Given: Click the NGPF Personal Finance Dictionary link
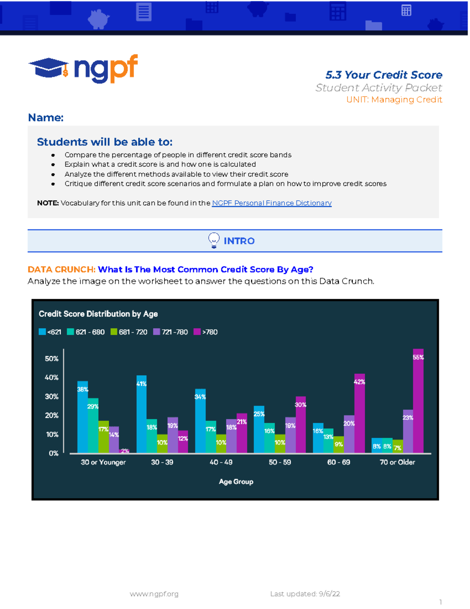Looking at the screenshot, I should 271,203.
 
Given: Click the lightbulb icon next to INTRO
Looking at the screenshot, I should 213,240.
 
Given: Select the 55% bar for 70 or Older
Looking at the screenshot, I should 418,401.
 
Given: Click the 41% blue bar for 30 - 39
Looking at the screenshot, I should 141,414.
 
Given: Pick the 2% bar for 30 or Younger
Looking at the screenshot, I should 124,451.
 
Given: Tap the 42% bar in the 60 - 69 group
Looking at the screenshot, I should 359,413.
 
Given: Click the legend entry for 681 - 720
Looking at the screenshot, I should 129,332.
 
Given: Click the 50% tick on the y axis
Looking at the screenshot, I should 52,359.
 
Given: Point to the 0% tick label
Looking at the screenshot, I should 54,453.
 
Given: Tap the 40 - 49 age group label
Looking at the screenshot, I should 221,462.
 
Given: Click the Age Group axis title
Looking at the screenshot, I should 236,482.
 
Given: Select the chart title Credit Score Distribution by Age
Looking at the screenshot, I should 98,314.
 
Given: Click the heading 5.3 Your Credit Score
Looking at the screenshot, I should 383,75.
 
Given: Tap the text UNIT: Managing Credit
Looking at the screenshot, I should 394,100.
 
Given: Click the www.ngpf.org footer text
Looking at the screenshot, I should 154,594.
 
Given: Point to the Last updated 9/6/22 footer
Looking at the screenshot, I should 305,594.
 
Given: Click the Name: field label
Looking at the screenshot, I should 45,118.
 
